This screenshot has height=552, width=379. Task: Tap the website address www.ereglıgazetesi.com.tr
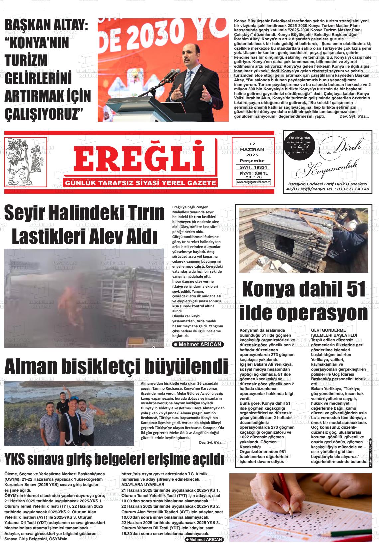[253, 182]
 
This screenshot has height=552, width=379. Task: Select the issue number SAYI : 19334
[253, 167]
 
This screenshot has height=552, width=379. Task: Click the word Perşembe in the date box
[252, 161]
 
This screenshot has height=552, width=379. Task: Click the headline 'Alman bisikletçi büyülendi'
[116, 367]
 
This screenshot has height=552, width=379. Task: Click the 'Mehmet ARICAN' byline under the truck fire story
[198, 344]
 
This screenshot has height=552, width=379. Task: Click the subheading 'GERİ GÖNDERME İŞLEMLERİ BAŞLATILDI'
[334, 332]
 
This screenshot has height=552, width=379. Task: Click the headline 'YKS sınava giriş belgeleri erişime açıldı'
[114, 459]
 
